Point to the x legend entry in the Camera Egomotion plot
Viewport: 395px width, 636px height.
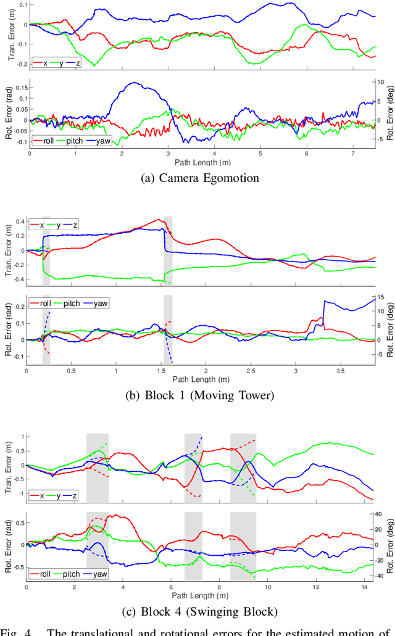click(44, 62)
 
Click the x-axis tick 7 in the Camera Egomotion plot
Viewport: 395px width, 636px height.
click(352, 154)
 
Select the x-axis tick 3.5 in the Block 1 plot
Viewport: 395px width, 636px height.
click(340, 372)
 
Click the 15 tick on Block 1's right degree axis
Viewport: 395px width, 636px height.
click(381, 297)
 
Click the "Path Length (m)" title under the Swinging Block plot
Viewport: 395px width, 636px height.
click(200, 596)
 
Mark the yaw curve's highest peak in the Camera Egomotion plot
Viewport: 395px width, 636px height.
click(133, 83)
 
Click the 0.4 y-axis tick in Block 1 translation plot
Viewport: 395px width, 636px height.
click(19, 221)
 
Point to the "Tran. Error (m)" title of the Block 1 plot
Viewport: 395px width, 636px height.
click(9, 250)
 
